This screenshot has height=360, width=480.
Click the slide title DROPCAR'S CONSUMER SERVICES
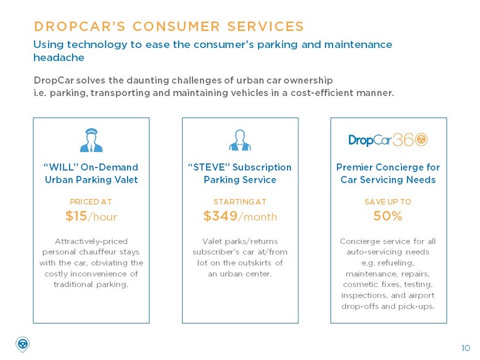point(169,26)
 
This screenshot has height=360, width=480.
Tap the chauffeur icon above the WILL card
point(91,140)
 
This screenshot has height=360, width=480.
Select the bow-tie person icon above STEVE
point(239,140)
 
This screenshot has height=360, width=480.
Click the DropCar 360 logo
point(388,140)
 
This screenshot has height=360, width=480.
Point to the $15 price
point(76,217)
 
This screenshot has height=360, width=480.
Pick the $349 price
point(220,217)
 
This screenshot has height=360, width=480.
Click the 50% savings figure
point(388,217)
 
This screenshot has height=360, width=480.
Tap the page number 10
point(465,348)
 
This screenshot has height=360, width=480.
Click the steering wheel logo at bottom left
point(22,344)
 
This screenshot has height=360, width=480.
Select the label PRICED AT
point(91,202)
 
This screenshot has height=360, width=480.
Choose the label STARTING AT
point(239,202)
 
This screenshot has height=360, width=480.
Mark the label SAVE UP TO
point(388,202)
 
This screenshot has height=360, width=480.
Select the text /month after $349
point(258,217)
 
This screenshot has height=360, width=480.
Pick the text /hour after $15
point(102,217)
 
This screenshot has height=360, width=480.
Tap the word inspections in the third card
point(365,296)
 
